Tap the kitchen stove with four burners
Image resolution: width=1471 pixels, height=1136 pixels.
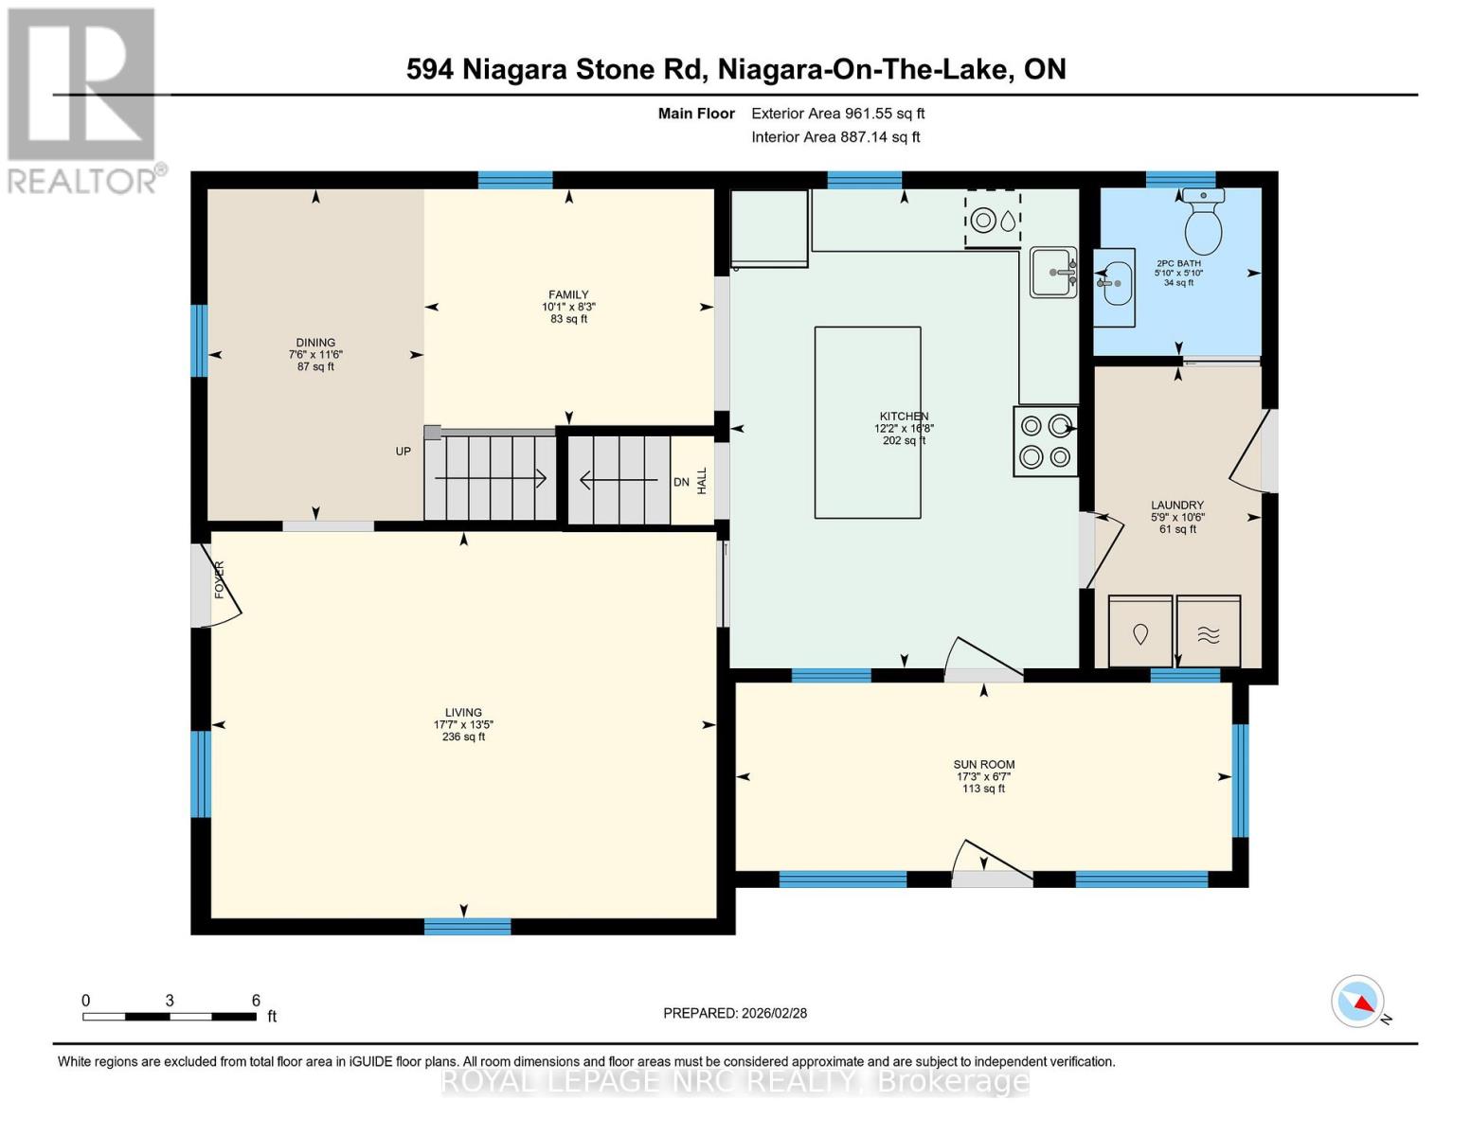1046,441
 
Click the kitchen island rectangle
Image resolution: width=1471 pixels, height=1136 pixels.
868,422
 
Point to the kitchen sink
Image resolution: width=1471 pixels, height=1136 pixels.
1053,273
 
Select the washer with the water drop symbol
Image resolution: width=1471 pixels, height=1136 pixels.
1140,631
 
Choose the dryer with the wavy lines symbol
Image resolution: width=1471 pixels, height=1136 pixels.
1209,631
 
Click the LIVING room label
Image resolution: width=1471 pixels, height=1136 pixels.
463,713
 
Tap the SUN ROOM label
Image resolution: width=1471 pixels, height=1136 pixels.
983,765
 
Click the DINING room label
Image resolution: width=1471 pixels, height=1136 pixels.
315,343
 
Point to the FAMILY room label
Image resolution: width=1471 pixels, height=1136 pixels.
568,294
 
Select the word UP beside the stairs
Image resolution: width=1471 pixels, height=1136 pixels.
404,452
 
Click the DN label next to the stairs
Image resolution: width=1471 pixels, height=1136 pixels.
681,482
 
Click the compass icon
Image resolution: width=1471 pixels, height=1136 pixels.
1358,1002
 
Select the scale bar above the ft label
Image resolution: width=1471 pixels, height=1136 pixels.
170,1017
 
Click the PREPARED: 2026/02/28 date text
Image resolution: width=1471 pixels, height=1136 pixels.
735,1013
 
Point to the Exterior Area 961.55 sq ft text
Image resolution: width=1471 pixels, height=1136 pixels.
837,114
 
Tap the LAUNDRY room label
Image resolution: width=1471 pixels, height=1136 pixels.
1177,506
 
